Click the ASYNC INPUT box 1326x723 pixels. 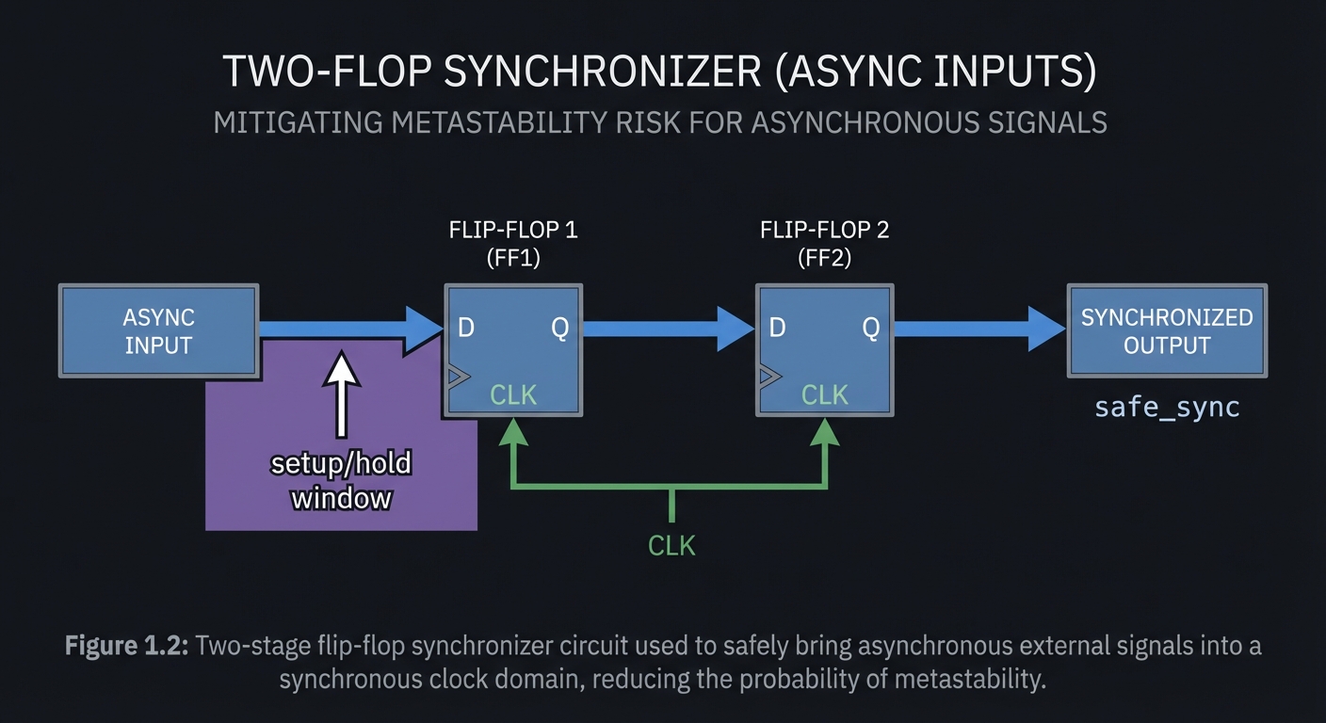pyautogui.click(x=158, y=331)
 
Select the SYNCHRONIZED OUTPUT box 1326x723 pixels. pyautogui.click(x=1166, y=331)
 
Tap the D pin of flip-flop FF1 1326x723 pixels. pyautogui.click(x=466, y=328)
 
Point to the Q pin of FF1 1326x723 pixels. pyautogui.click(x=559, y=328)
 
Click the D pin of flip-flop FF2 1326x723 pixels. pyautogui.click(x=778, y=328)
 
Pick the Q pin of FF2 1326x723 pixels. pyautogui.click(x=871, y=328)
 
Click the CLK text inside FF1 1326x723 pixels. pyautogui.click(x=513, y=394)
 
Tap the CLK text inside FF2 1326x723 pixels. pyautogui.click(x=825, y=394)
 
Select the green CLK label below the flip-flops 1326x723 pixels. pyautogui.click(x=671, y=544)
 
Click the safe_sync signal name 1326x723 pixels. pyautogui.click(x=1167, y=408)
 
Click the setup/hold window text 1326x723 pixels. pyautogui.click(x=341, y=480)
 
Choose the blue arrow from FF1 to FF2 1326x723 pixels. pyautogui.click(x=669, y=328)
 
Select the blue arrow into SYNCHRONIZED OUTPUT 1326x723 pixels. pyautogui.click(x=979, y=328)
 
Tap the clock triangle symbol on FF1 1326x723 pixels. pyautogui.click(x=457, y=378)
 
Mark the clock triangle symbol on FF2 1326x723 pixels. pyautogui.click(x=768, y=378)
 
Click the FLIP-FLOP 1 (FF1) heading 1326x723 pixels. pyautogui.click(x=512, y=243)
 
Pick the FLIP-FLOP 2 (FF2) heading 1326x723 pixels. pyautogui.click(x=824, y=243)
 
